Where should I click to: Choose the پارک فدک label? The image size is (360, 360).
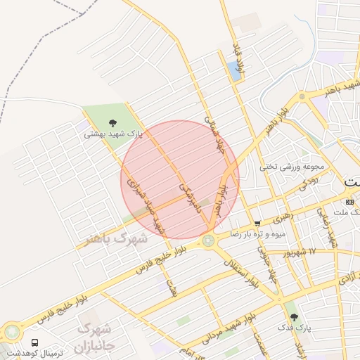click(x=299, y=328)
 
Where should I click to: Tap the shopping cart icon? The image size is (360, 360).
click(x=258, y=224)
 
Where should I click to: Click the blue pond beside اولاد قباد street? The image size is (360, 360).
click(x=233, y=70)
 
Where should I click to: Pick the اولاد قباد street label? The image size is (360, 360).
click(x=239, y=56)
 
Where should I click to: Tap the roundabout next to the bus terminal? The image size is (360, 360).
click(x=12, y=331)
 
